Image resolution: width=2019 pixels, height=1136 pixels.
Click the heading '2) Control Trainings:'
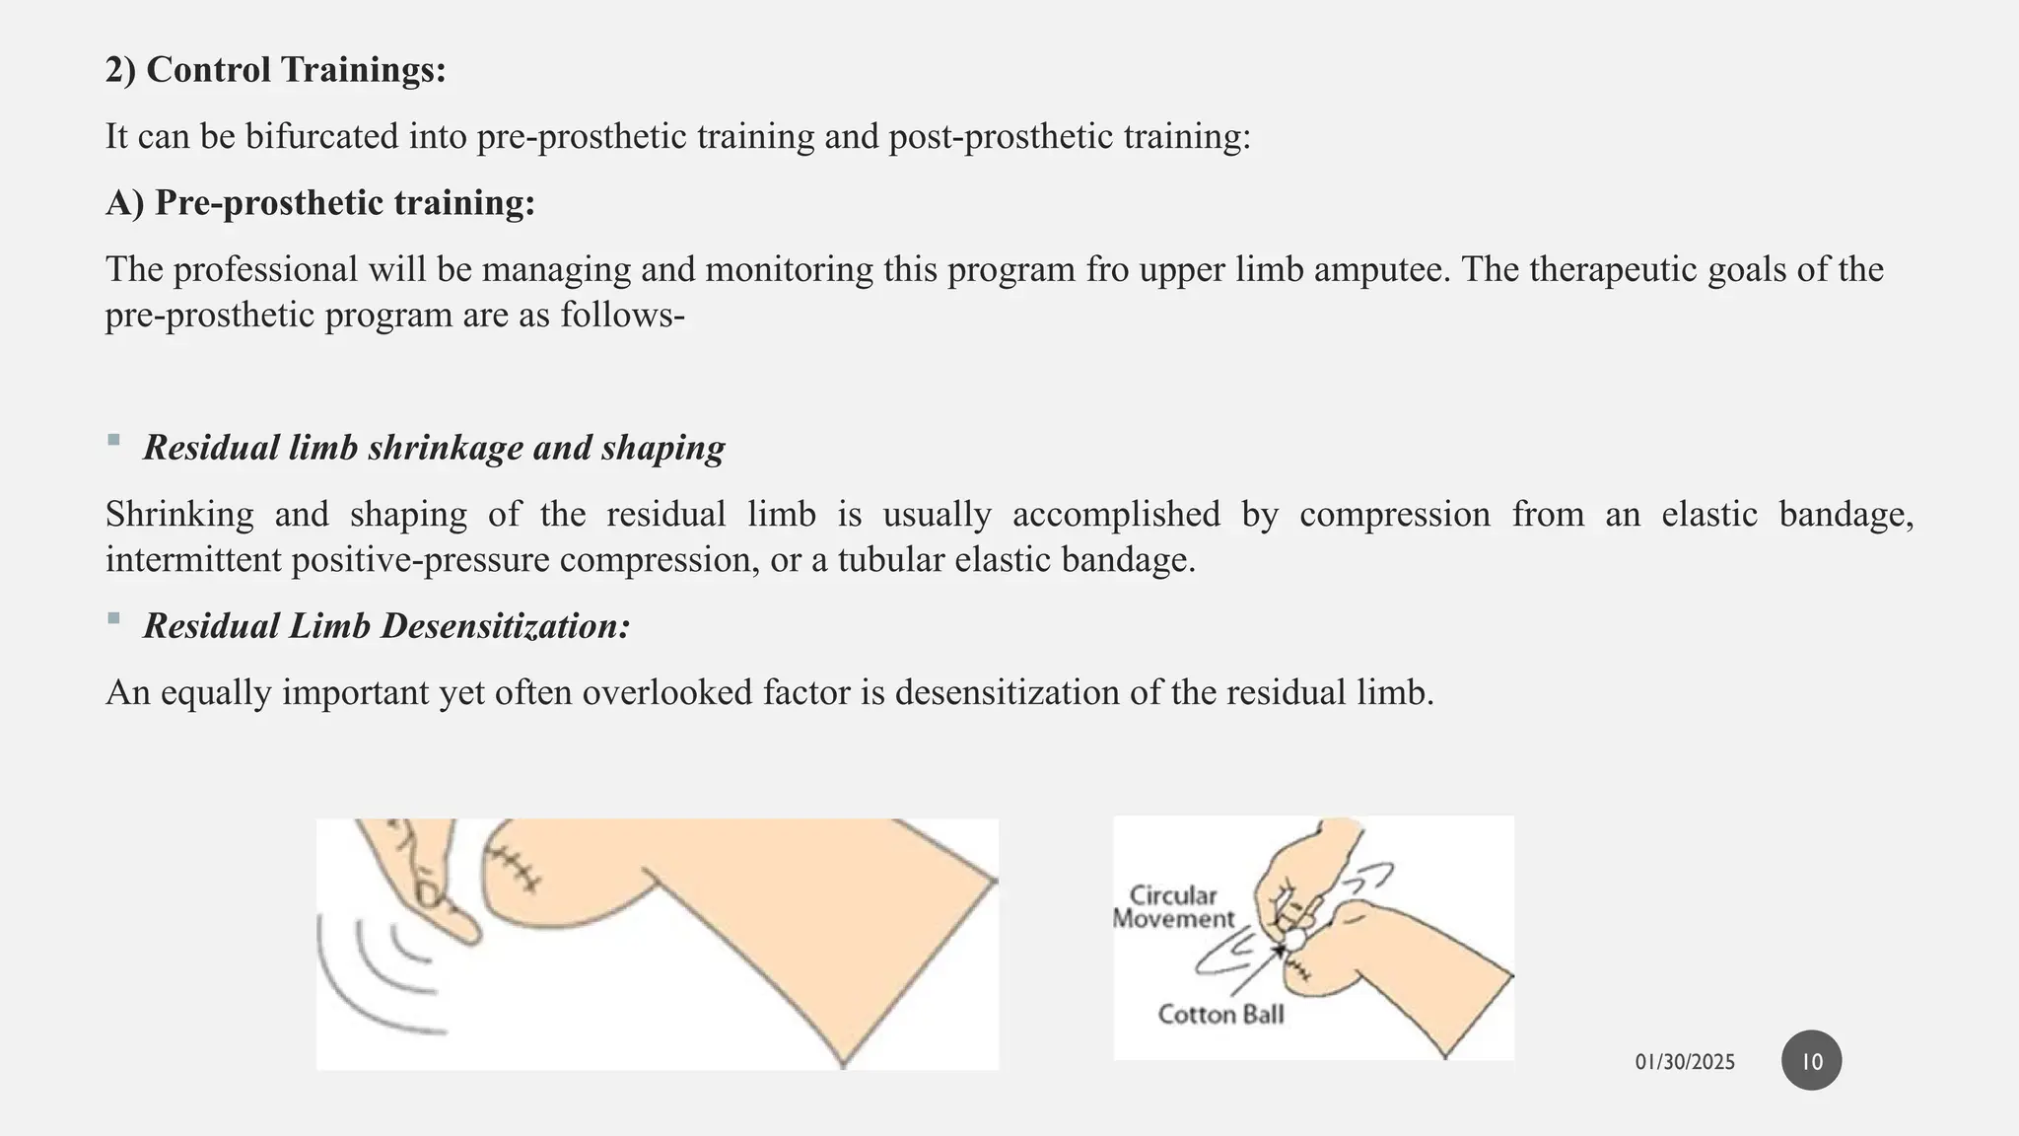tap(276, 70)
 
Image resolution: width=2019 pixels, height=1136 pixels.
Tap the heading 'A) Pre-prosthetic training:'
tap(320, 203)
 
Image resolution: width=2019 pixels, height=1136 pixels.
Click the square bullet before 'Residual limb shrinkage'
tap(113, 440)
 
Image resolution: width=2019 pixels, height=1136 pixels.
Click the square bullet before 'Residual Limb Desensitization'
tap(113, 618)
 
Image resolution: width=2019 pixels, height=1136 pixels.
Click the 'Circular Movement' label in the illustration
tap(1173, 907)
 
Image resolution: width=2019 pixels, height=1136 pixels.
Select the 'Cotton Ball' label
tap(1220, 1015)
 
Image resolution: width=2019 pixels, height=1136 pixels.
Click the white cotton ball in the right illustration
tap(1292, 940)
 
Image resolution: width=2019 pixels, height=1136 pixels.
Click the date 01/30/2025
tap(1685, 1062)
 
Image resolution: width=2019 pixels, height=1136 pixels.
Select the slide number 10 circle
tap(1811, 1061)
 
